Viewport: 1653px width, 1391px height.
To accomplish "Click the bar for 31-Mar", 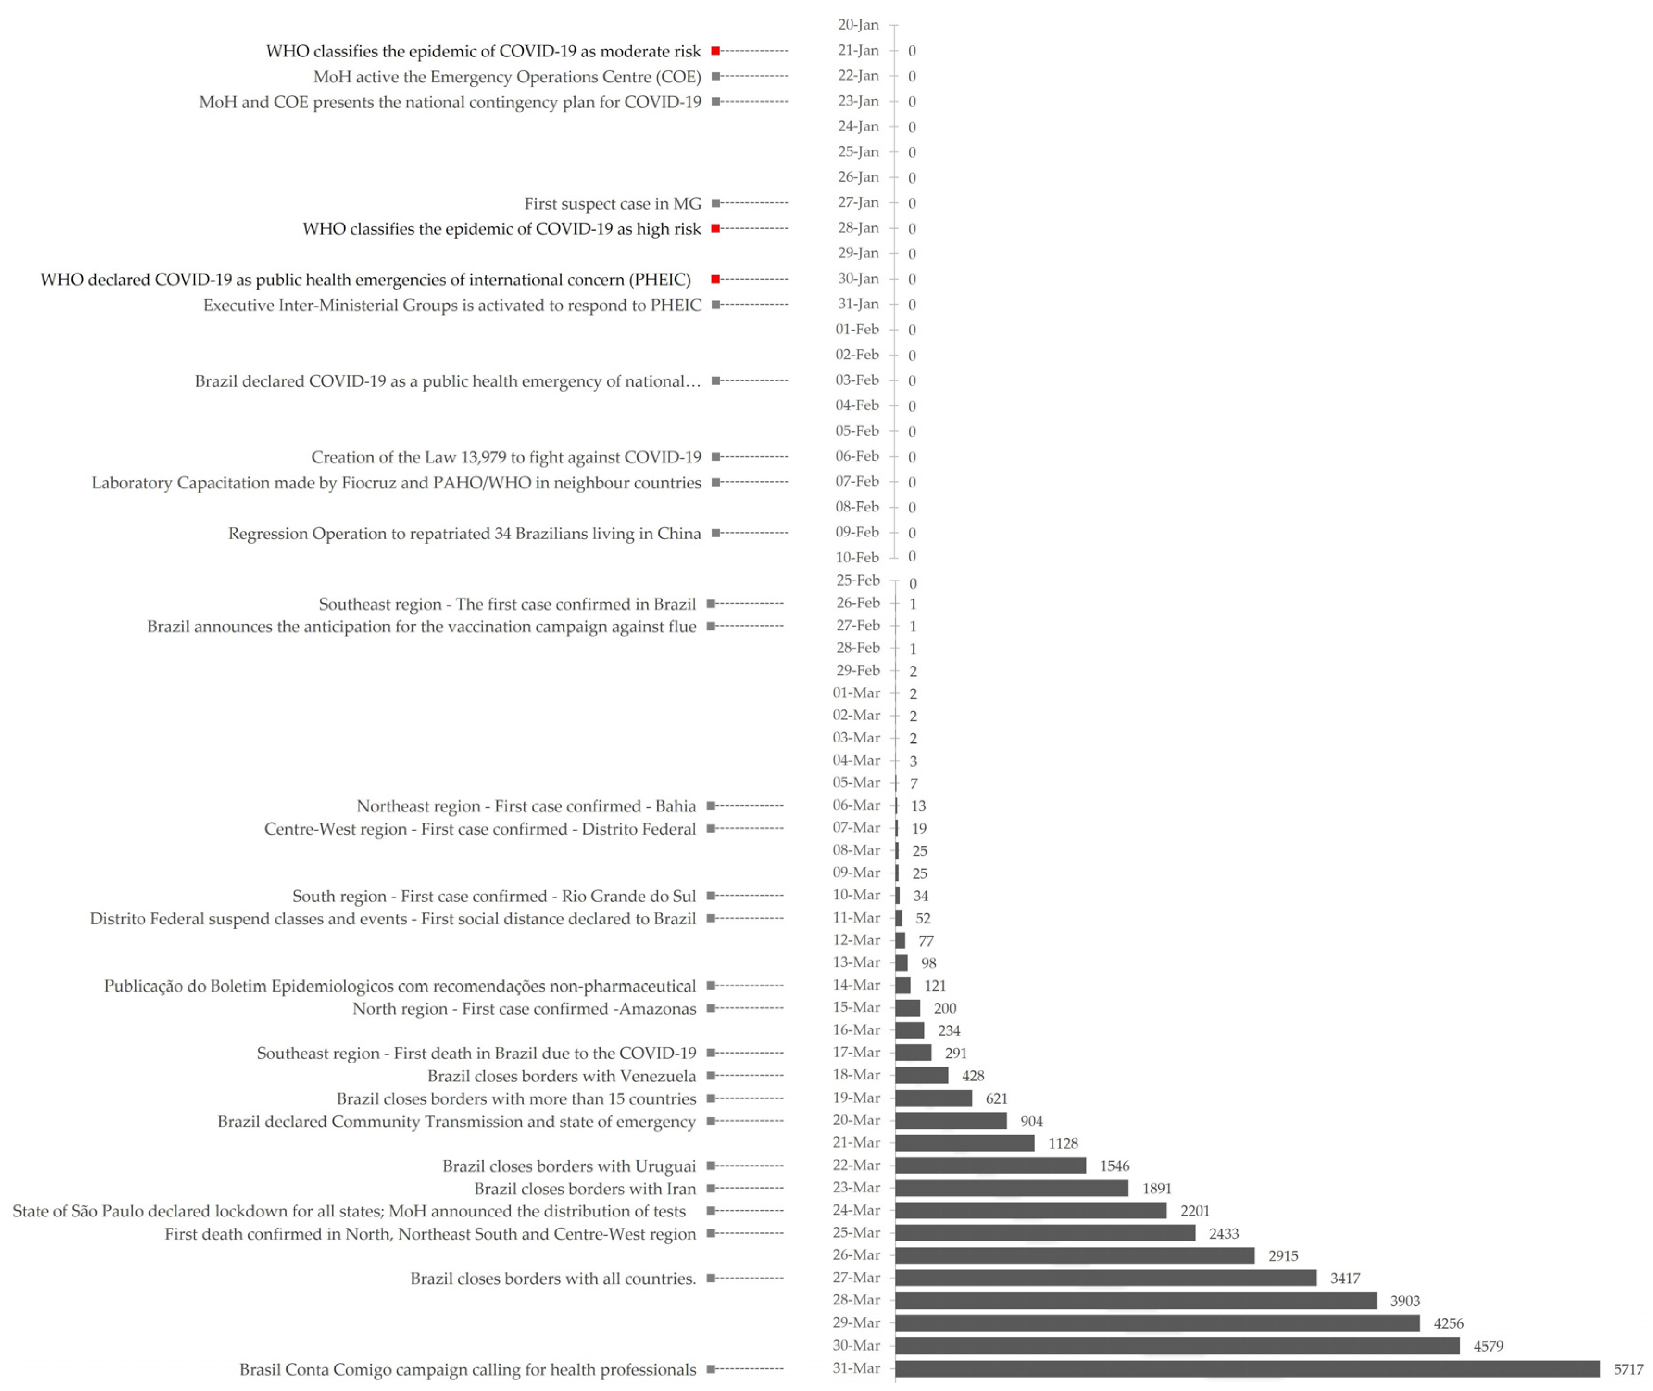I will click(x=1246, y=1368).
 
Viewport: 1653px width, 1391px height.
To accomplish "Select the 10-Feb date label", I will click(x=857, y=557).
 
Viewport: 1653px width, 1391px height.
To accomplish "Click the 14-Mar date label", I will click(x=857, y=985).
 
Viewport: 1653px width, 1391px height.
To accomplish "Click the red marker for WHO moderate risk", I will click(x=715, y=50).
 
